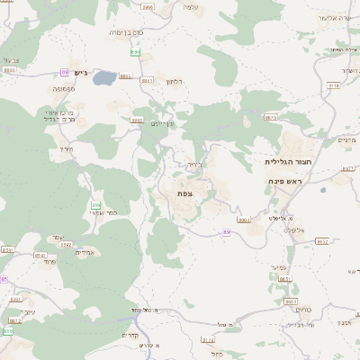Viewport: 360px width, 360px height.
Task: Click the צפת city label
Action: pyautogui.click(x=185, y=193)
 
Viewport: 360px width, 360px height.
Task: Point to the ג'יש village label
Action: pyautogui.click(x=79, y=72)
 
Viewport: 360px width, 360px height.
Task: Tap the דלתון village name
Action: pyautogui.click(x=175, y=82)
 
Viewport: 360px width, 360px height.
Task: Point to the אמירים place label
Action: pyautogui.click(x=85, y=253)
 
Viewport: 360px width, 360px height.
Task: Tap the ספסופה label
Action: pyautogui.click(x=61, y=90)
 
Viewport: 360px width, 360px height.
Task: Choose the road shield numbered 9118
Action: pyautogui.click(x=335, y=85)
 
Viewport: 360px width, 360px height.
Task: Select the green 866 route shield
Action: pyautogui.click(x=94, y=206)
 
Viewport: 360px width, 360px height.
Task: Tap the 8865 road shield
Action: pyautogui.click(x=148, y=79)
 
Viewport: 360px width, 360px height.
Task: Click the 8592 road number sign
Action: pyautogui.click(x=65, y=243)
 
